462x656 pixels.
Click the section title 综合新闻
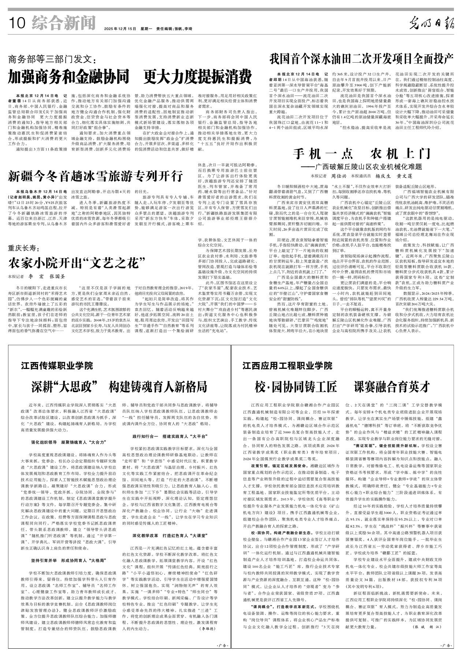tap(64, 23)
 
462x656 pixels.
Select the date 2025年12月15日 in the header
tap(120, 29)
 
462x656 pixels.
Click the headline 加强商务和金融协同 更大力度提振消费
tap(130, 77)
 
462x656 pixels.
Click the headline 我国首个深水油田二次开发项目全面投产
tap(362, 58)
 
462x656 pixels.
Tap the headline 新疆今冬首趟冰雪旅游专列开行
tap(95, 176)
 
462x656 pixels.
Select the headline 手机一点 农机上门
tap(361, 154)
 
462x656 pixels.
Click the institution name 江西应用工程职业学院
tap(287, 366)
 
